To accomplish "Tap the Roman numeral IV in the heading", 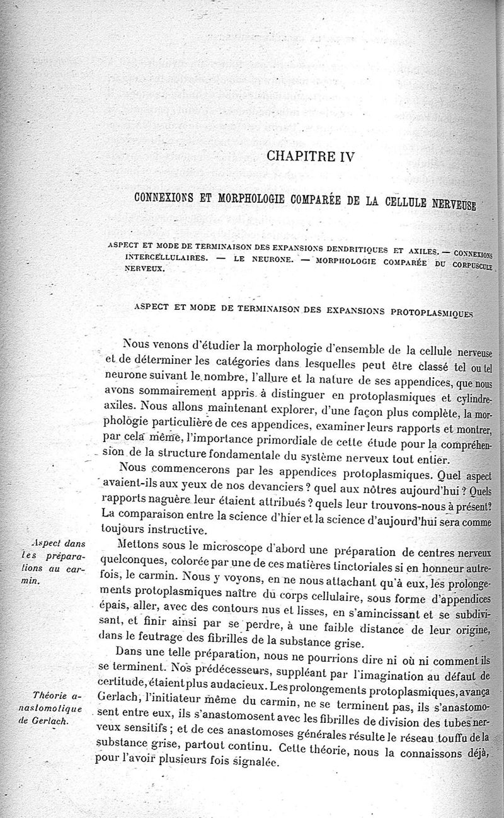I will pos(343,156).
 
